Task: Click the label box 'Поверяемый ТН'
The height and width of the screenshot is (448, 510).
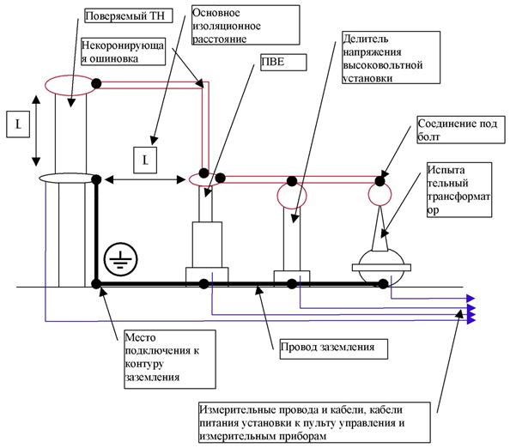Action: [129, 15]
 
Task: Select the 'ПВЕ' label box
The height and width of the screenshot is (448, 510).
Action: [283, 62]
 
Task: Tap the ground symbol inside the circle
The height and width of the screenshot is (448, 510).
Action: [121, 259]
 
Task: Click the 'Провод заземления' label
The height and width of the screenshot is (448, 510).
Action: [334, 348]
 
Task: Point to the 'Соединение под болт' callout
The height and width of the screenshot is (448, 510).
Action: [461, 130]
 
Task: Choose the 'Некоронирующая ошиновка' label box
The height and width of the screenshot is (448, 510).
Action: [123, 51]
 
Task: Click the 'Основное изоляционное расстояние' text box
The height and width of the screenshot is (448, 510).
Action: [246, 25]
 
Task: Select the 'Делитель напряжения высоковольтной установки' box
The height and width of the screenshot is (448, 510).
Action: [391, 58]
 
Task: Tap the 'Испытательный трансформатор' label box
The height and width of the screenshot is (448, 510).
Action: [459, 190]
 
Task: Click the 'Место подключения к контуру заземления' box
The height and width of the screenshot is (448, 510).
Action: [170, 360]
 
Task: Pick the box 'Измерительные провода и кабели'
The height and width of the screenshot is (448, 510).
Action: [314, 422]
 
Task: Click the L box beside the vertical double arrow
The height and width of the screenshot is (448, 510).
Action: [18, 124]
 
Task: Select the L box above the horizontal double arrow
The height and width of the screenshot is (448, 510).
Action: [145, 160]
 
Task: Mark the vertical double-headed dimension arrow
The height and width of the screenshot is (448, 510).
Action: [36, 130]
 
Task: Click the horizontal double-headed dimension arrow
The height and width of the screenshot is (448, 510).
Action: [145, 179]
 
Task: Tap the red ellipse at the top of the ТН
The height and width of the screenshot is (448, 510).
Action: [70, 85]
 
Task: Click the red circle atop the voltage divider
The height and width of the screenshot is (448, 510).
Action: [292, 195]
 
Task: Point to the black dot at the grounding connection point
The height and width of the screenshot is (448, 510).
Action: [96, 284]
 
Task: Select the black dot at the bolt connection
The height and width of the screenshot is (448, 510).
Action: [379, 181]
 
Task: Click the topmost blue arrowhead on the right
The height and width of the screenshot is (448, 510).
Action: [471, 298]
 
